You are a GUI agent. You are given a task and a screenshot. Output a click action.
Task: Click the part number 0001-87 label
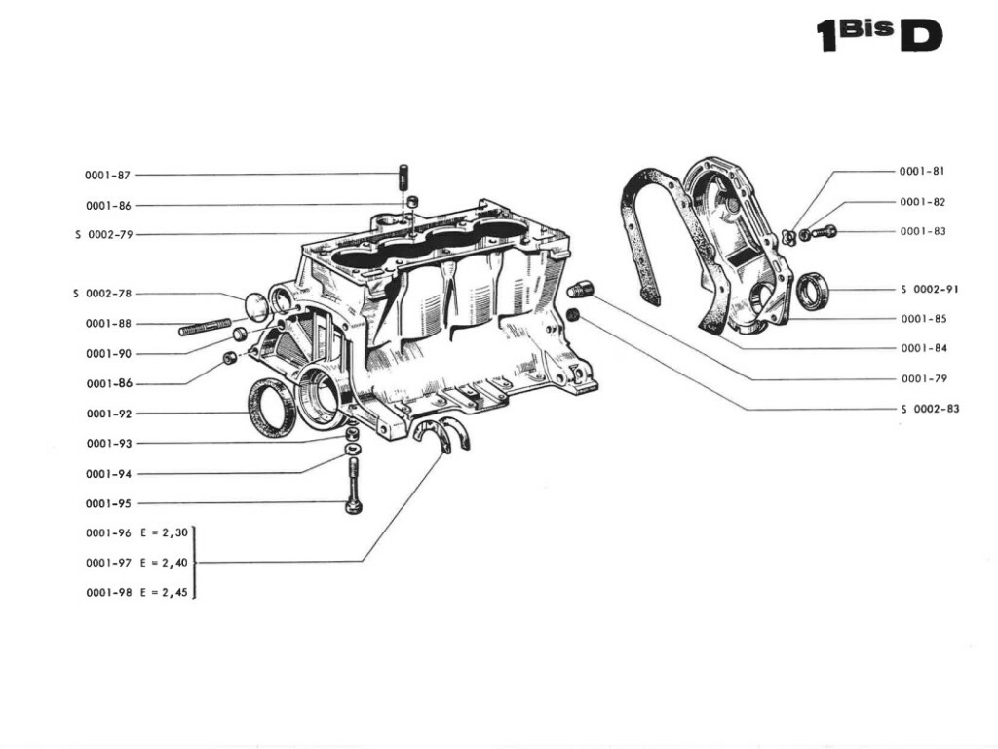tap(107, 176)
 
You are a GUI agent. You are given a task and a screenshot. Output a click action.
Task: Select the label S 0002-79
tap(103, 235)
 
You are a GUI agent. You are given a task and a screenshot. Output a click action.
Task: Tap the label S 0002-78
tap(103, 294)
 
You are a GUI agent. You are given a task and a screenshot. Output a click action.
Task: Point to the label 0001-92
tap(107, 414)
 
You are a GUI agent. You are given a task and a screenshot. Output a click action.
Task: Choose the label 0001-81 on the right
tap(922, 171)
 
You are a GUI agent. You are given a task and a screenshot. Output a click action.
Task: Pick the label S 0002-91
tap(930, 290)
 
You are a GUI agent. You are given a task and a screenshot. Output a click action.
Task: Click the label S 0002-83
tap(930, 409)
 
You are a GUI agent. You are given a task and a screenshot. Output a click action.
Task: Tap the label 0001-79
tap(922, 378)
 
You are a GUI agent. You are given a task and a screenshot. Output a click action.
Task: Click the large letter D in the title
tap(921, 36)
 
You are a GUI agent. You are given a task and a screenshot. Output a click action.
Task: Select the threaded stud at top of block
tap(402, 180)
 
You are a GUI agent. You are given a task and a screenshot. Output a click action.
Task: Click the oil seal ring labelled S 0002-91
tap(813, 291)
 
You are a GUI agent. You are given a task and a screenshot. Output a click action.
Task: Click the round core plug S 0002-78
tap(254, 306)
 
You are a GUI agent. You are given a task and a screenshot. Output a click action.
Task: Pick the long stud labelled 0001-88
tap(205, 326)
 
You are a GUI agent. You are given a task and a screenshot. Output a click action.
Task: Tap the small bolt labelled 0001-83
tap(824, 232)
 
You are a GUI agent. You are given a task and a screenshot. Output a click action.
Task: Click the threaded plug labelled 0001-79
tap(580, 290)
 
